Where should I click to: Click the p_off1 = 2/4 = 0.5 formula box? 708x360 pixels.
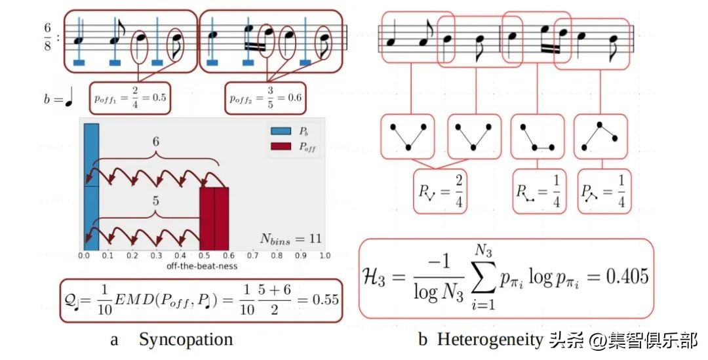click(x=129, y=98)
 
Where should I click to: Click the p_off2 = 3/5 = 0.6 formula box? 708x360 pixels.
click(x=265, y=98)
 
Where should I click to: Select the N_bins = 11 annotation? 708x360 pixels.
click(x=288, y=238)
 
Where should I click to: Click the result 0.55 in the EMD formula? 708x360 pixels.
click(x=325, y=300)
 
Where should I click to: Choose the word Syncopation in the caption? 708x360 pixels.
click(x=186, y=340)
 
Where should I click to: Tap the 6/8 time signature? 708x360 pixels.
click(x=48, y=37)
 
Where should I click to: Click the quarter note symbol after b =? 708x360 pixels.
click(x=69, y=100)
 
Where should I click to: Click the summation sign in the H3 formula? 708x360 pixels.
click(x=486, y=275)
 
